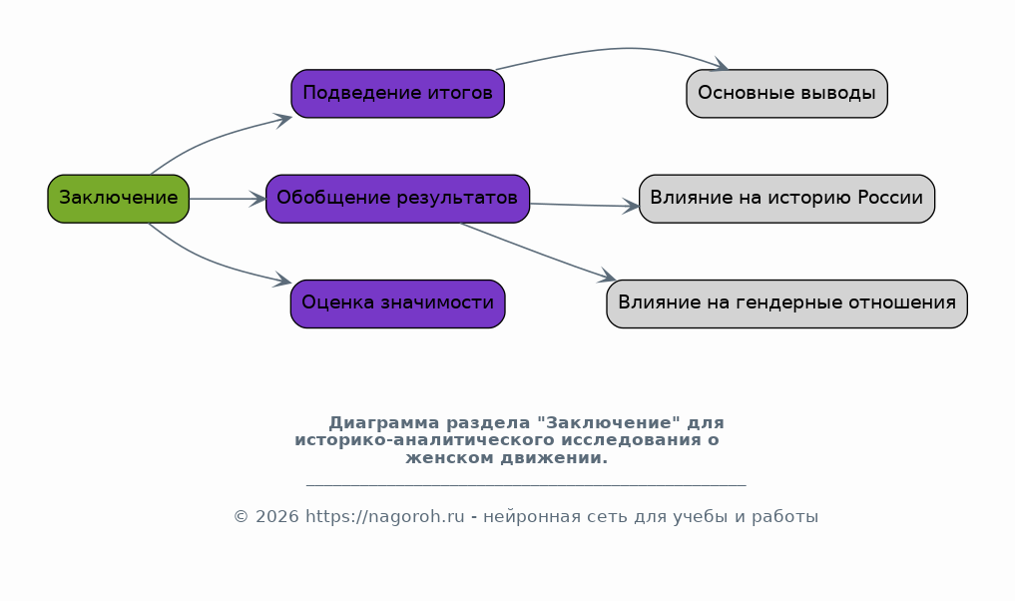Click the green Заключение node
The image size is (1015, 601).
tap(119, 199)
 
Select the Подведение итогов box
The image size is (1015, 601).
tap(397, 93)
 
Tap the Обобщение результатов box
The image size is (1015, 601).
tap(397, 199)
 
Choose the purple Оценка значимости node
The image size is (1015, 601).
tap(397, 303)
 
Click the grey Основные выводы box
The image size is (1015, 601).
tap(786, 93)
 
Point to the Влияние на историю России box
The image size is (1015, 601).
tap(786, 199)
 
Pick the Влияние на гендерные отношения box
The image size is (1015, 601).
tap(786, 303)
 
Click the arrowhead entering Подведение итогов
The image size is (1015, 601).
tap(284, 120)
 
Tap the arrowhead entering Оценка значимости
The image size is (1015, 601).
tap(283, 280)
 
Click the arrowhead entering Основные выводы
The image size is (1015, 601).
tap(720, 64)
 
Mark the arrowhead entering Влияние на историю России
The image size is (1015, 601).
tap(631, 206)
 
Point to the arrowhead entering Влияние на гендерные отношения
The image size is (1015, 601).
tap(607, 276)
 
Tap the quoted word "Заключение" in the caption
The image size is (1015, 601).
tap(609, 423)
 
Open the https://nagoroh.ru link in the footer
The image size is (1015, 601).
tap(385, 517)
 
